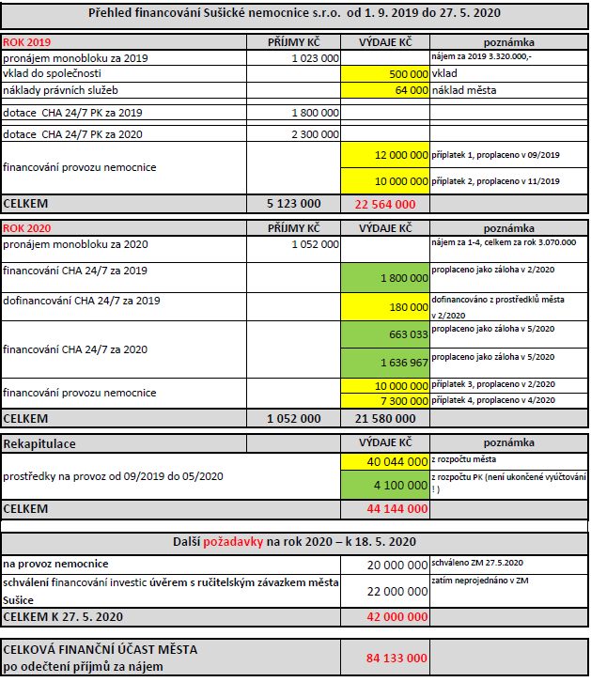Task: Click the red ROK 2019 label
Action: click(26, 43)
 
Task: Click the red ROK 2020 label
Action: click(26, 228)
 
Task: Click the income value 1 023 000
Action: click(315, 58)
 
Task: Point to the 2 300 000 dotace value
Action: click(315, 134)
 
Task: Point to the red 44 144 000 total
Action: click(394, 508)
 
